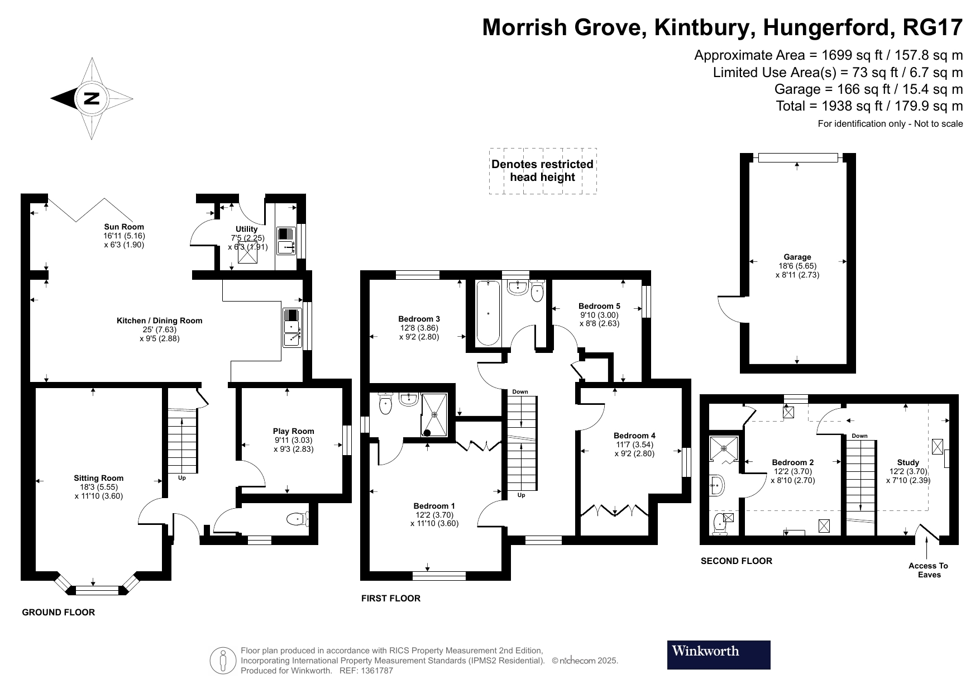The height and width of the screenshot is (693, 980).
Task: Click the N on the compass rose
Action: coord(91,99)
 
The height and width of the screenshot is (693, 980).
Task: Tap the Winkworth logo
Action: coord(718,654)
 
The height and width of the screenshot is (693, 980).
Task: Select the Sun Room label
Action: coord(124,227)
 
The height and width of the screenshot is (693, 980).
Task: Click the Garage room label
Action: coord(797,257)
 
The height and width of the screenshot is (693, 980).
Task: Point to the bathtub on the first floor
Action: coord(488,313)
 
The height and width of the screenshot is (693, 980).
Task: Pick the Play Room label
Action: coord(293,431)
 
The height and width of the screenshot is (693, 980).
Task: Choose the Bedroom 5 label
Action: coord(599,306)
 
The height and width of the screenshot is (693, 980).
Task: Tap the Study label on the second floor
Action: coord(908,462)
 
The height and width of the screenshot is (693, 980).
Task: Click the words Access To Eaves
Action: coord(929,570)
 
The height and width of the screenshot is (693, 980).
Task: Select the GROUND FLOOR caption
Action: coord(58,613)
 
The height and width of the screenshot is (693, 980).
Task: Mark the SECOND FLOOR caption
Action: coord(736,561)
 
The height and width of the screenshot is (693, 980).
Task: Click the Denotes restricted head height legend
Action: coord(542,171)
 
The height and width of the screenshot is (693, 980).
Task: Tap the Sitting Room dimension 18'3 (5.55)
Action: coord(99,487)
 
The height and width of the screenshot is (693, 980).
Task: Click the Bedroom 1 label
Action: coord(434,506)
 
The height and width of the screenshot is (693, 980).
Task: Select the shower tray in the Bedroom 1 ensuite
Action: coord(434,414)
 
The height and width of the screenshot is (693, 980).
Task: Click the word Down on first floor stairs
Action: coord(520,392)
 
